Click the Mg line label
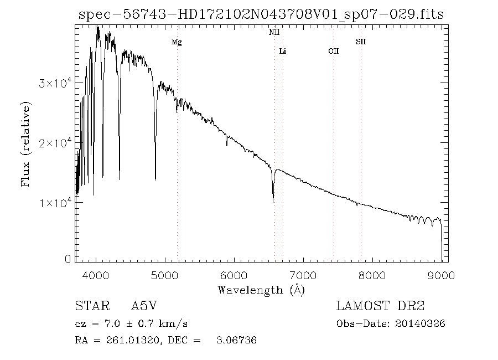coord(177,42)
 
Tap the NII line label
coord(274,33)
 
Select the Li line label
coord(283,52)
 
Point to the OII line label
coord(333,52)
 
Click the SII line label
coord(361,42)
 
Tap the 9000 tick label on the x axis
coord(441,275)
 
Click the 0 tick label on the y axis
coord(68,259)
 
